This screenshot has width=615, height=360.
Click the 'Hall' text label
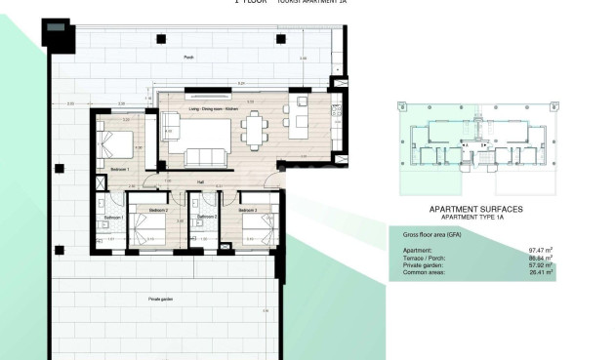coord(200,181)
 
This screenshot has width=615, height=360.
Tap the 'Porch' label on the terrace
coord(188,59)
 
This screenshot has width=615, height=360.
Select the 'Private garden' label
coord(162,298)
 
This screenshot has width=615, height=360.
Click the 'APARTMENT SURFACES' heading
coord(476,209)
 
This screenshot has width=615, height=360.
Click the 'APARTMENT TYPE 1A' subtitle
coord(476,218)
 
